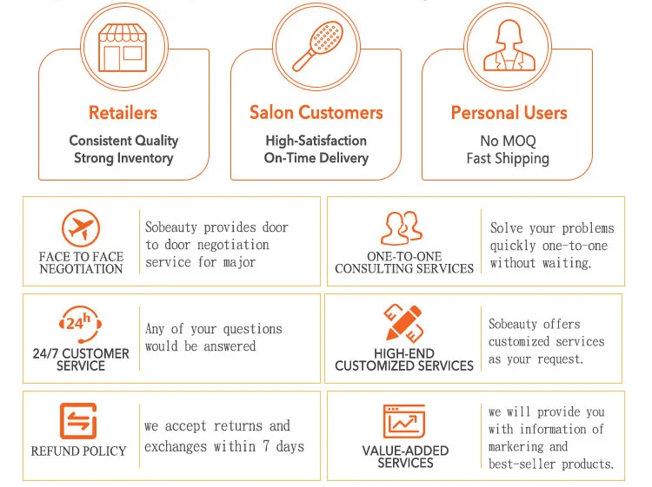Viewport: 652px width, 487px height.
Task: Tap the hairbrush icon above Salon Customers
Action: [x=316, y=46]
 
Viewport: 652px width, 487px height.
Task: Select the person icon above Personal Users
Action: [x=507, y=44]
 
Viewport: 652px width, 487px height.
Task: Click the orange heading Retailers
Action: [x=123, y=113]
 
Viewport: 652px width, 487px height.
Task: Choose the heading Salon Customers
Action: [x=316, y=113]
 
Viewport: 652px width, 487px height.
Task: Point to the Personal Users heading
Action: [x=509, y=113]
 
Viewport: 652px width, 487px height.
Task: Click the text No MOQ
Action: [x=508, y=141]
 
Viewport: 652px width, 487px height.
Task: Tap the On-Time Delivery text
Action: [x=316, y=158]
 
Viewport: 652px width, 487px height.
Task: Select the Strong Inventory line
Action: [x=123, y=158]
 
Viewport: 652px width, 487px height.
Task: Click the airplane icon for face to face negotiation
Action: [x=81, y=230]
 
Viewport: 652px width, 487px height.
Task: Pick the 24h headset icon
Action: [x=80, y=326]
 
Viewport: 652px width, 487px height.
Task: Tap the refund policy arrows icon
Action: [x=78, y=422]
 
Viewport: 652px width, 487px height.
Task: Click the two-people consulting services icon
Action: [x=403, y=228]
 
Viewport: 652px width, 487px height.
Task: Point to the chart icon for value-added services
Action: [x=404, y=422]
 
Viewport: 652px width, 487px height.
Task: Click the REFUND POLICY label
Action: [x=78, y=451]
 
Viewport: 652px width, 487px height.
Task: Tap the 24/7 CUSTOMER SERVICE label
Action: [x=80, y=359]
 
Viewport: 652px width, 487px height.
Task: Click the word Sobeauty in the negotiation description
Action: [x=171, y=227]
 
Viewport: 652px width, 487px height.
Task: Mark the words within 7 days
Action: [x=261, y=447]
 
